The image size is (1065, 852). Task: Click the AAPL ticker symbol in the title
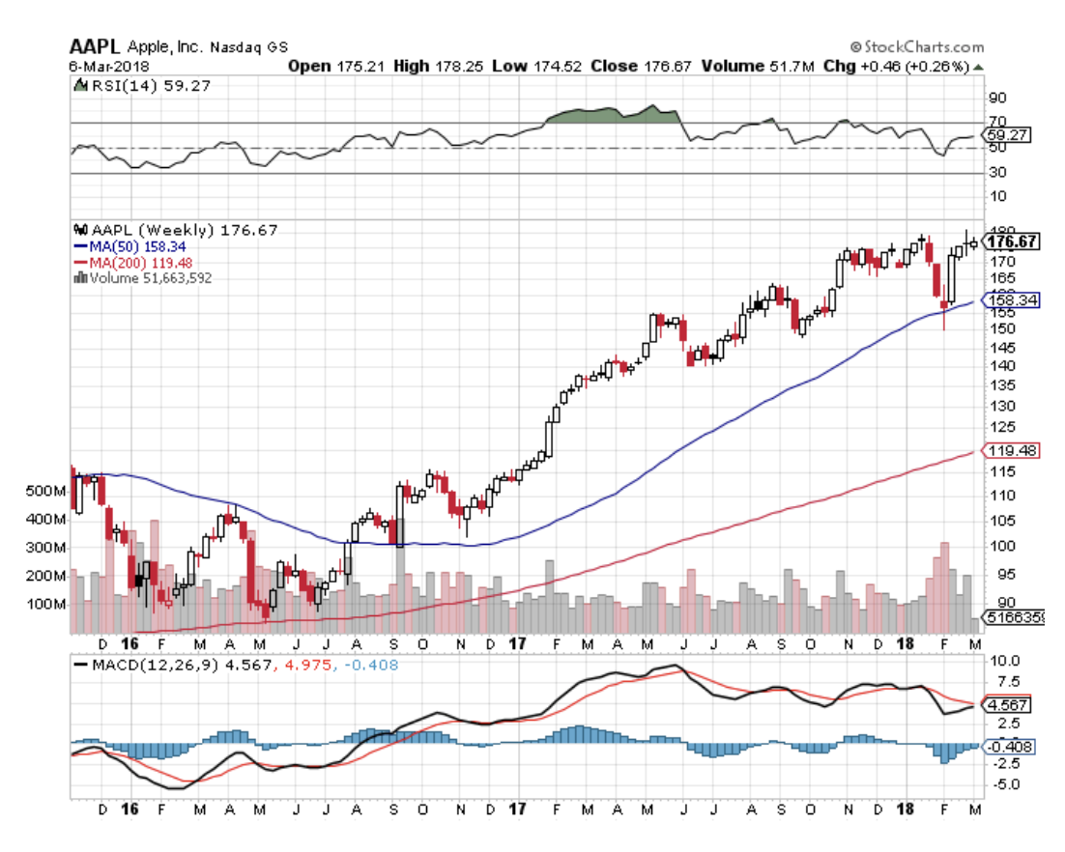tap(95, 46)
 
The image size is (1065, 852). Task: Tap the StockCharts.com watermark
tap(917, 46)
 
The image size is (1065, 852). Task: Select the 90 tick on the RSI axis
tap(996, 98)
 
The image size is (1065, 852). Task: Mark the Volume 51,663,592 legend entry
tap(150, 277)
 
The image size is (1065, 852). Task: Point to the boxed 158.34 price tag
tap(1011, 300)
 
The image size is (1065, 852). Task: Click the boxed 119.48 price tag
tap(1011, 451)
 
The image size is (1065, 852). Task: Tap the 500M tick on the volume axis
tap(47, 491)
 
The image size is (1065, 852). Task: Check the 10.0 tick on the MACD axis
tap(1001, 663)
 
